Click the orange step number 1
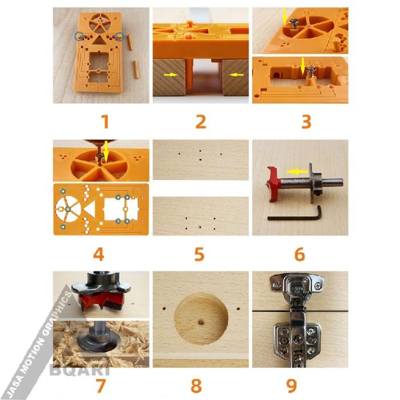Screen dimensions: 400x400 pos(104,122)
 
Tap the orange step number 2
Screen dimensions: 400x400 pos(200,122)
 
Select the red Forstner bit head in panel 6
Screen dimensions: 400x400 pos(275,181)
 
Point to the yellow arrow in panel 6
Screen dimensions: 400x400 pos(294,170)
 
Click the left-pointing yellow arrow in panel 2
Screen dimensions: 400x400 pos(236,74)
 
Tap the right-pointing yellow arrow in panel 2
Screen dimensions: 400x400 pos(170,74)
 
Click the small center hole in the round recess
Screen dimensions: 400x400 pos(201,322)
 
